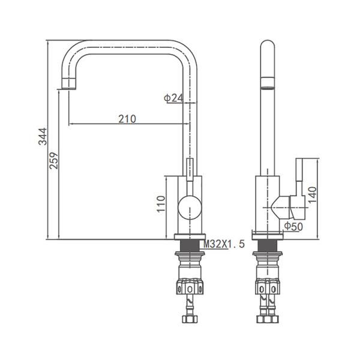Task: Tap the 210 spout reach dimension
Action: coord(127,119)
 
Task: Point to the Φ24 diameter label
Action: coord(173,98)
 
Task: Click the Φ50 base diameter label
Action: coord(293,226)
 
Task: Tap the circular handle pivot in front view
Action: coord(189,209)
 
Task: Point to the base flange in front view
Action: coord(189,236)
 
